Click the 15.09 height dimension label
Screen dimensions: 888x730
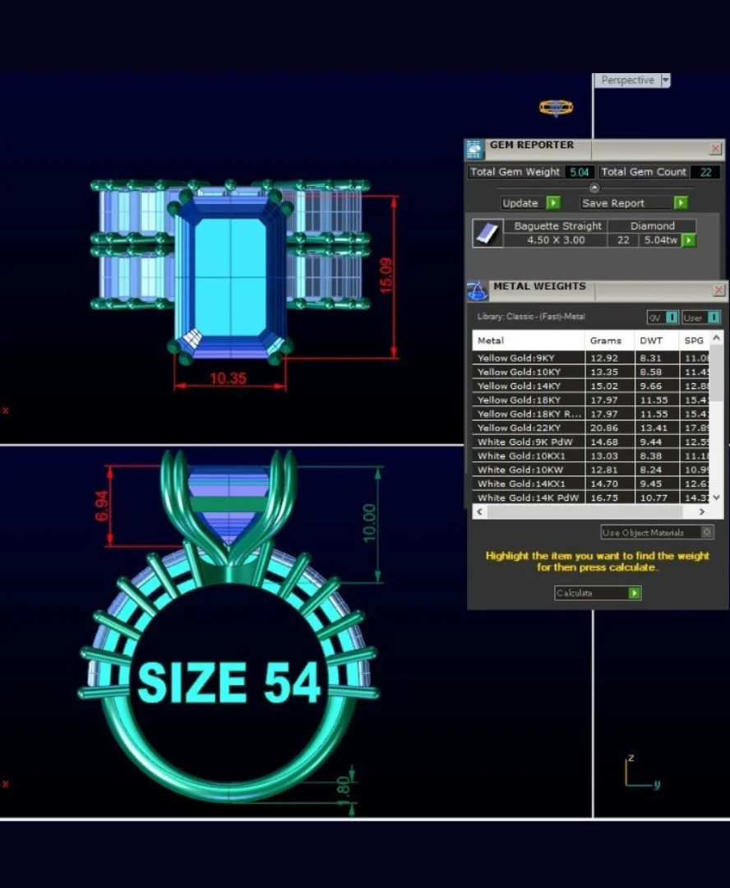386,276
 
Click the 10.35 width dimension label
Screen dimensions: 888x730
229,379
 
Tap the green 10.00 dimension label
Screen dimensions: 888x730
370,523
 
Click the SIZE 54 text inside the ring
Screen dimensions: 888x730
228,682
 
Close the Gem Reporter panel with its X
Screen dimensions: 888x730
715,149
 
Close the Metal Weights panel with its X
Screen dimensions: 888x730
718,290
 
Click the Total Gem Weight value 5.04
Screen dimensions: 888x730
579,172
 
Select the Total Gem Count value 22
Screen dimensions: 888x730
705,172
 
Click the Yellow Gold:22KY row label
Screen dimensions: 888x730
519,428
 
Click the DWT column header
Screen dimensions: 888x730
651,340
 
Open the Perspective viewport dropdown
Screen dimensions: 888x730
665,81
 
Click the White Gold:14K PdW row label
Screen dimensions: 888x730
528,497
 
